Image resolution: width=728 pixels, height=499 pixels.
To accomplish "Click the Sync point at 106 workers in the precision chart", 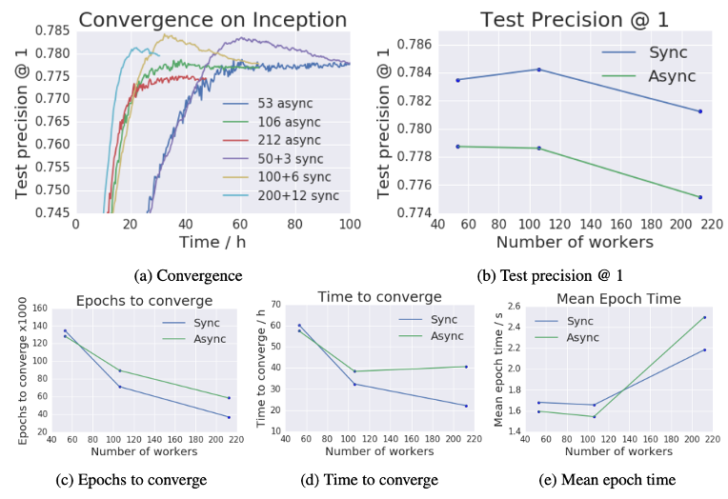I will [x=538, y=70].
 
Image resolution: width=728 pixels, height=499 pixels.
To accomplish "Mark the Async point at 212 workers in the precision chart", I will [x=700, y=197].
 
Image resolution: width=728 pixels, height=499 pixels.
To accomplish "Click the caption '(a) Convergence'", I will [x=188, y=276].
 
